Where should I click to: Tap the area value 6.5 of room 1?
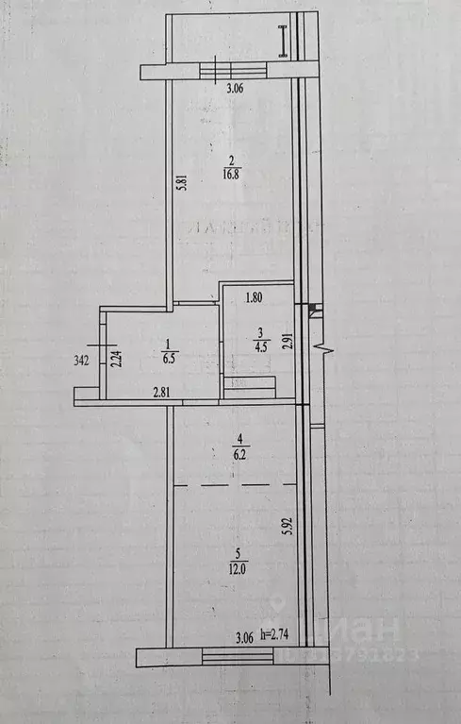[x=169, y=358]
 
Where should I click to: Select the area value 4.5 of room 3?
[x=261, y=345]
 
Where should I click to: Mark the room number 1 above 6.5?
[x=169, y=345]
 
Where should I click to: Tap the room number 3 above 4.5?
[x=261, y=331]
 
